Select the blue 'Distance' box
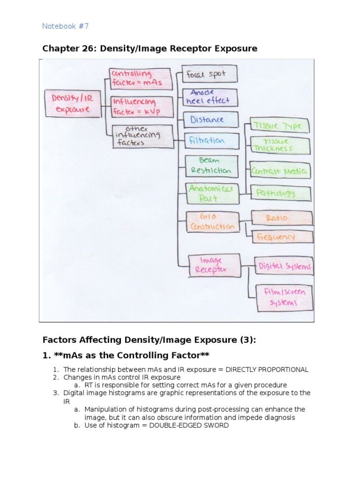(207, 120)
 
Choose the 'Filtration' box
(207, 141)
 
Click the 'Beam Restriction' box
(208, 165)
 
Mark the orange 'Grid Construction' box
(212, 222)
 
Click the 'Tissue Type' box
(277, 126)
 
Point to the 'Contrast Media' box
(279, 171)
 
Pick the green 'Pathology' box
(279, 193)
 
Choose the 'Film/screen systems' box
(284, 297)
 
